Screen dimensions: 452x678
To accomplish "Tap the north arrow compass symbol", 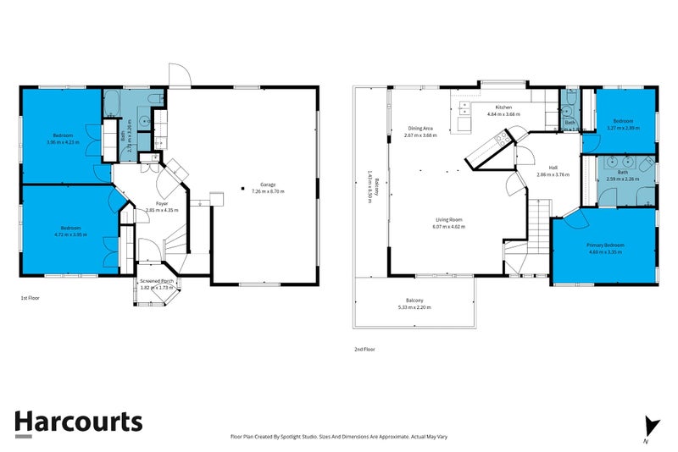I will point(651,427).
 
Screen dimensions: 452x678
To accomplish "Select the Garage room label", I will point(267,185).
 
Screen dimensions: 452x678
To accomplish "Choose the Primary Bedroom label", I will point(605,245).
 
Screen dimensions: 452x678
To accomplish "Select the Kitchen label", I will point(503,107).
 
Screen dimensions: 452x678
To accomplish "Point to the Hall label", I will point(553,168).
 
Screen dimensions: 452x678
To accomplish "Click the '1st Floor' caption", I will point(31,299).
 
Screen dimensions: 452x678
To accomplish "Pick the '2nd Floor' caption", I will point(364,349).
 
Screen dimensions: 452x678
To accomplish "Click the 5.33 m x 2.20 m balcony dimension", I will point(414,307).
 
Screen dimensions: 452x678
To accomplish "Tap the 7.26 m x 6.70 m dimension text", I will point(268,191).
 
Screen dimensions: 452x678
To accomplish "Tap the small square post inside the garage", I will point(242,188).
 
